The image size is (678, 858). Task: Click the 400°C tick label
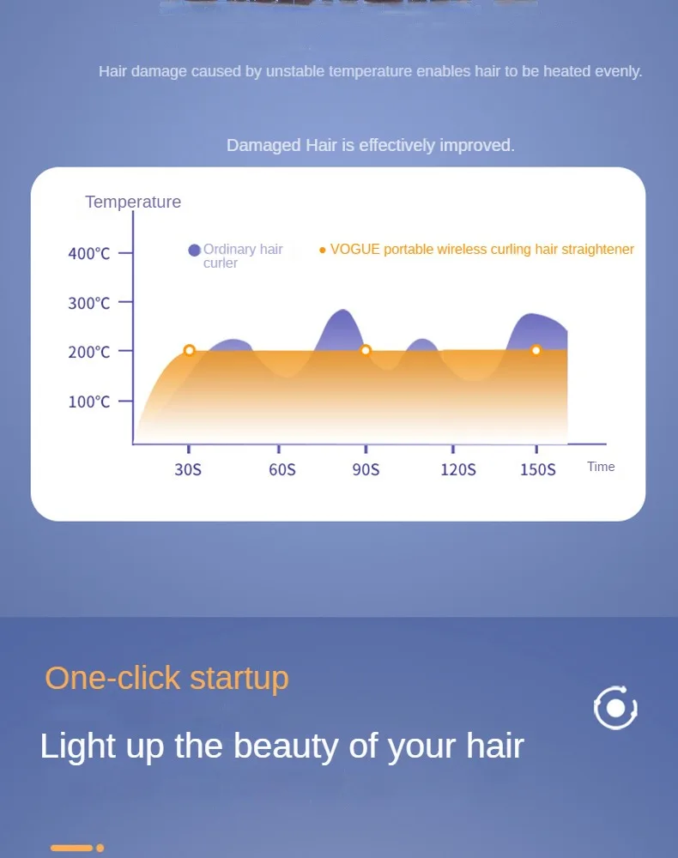(x=89, y=253)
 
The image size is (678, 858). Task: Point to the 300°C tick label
(x=89, y=303)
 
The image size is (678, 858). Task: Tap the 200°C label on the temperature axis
(x=89, y=352)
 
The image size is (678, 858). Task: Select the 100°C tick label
(x=89, y=402)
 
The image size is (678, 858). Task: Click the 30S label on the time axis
(x=188, y=469)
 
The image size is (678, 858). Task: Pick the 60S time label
(x=281, y=469)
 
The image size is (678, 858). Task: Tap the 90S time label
(x=366, y=469)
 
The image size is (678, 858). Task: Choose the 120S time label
(x=457, y=469)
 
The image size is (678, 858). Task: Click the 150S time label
(x=538, y=469)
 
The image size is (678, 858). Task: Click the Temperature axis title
(x=133, y=202)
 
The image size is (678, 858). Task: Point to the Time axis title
(x=601, y=467)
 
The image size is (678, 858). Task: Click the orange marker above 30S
(x=190, y=350)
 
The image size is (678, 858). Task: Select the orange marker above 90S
(x=366, y=350)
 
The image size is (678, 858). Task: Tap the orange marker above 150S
(x=536, y=350)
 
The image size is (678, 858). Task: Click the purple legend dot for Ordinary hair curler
(x=195, y=250)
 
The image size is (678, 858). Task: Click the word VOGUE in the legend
(x=354, y=250)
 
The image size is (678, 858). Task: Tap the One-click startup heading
(x=166, y=678)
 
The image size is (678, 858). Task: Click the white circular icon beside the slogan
(x=615, y=708)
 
